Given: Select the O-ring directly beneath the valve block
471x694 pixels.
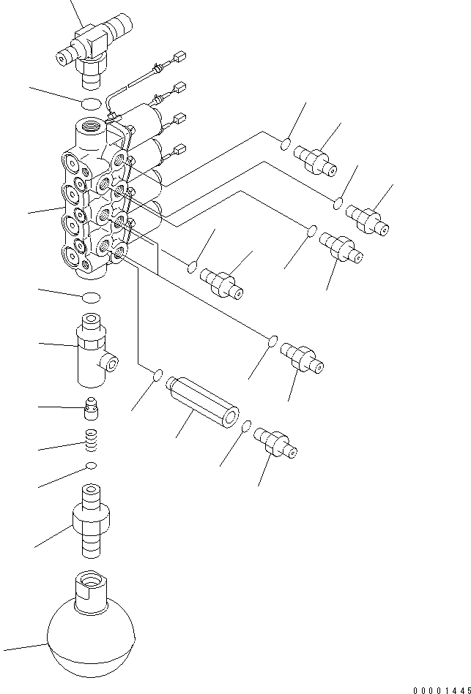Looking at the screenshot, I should pos(92,297).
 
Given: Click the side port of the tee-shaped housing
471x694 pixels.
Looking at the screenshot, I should pos(110,359).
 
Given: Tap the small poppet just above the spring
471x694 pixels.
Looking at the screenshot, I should pos(92,408).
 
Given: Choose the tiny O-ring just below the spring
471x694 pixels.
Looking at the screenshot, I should pos(91,466).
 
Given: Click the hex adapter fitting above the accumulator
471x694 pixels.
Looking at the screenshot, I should pos(91,521).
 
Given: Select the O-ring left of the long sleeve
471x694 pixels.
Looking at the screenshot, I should pos(157,376).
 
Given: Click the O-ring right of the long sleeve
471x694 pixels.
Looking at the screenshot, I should pos(248,426).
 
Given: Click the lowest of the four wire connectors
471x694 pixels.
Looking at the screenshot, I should pos(179,151).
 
